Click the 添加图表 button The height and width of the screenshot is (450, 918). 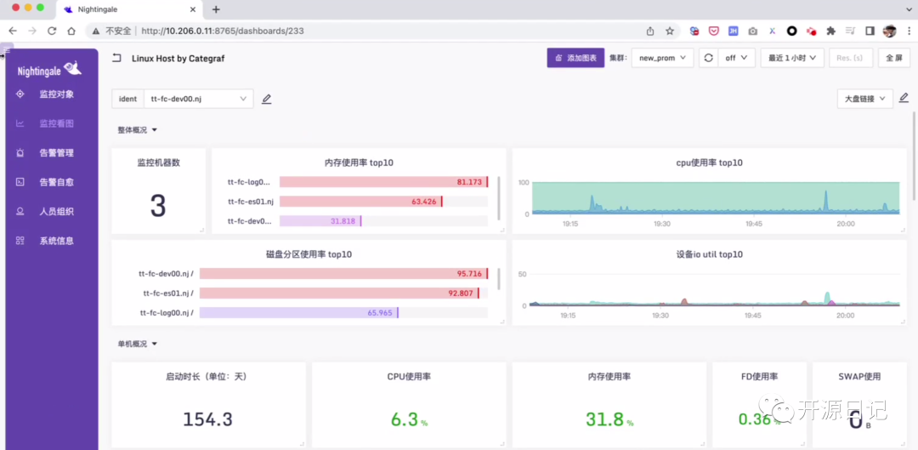click(575, 58)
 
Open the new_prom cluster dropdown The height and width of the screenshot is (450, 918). click(662, 58)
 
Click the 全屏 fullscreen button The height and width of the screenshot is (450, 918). click(892, 58)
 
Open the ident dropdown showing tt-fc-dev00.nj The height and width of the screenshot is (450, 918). click(199, 99)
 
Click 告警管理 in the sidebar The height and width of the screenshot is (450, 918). click(56, 153)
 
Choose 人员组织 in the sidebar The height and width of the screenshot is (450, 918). click(56, 212)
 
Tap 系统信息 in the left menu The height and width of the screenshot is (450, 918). click(56, 241)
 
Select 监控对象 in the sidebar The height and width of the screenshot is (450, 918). click(56, 94)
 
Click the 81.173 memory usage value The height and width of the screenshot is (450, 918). click(469, 182)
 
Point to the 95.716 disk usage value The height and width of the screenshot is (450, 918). click(469, 274)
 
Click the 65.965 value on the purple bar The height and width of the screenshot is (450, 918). click(380, 312)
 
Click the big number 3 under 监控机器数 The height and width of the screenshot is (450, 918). click(158, 206)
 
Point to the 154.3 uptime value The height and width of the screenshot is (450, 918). click(207, 419)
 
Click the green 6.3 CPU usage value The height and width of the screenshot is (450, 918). click(405, 419)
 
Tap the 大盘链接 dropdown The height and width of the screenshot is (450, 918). click(864, 99)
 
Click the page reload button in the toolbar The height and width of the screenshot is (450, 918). click(52, 31)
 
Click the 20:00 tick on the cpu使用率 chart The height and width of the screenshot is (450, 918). click(845, 224)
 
